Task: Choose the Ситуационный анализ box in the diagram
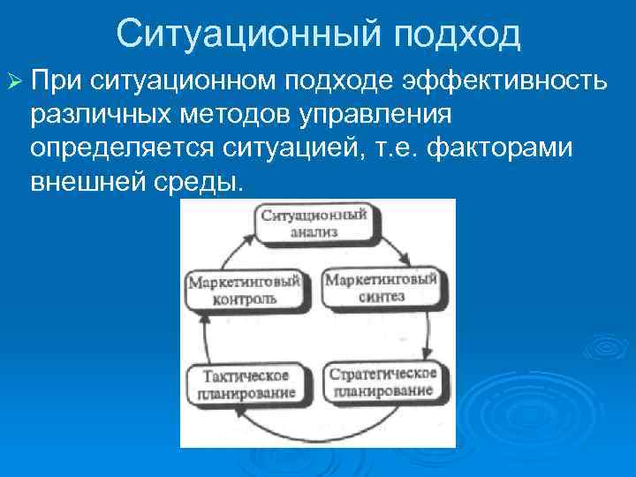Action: [314, 222]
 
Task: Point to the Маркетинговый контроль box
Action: [245, 290]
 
